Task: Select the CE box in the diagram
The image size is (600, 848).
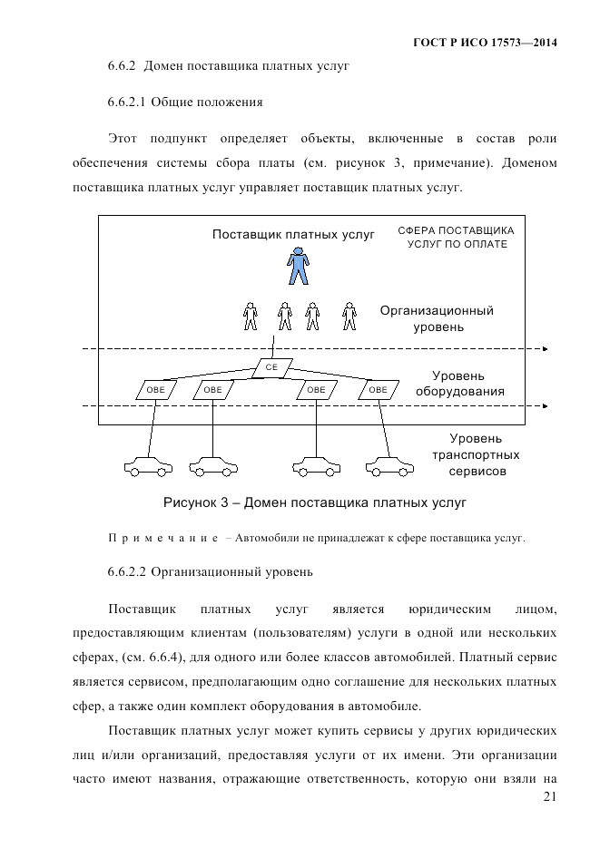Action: [x=271, y=367]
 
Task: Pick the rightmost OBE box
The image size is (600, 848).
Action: [x=378, y=390]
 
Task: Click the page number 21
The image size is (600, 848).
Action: [x=547, y=796]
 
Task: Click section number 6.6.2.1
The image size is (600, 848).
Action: [x=126, y=101]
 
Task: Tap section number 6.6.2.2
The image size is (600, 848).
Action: [x=126, y=572]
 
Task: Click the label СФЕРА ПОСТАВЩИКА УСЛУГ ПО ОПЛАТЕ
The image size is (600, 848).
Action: [x=457, y=238]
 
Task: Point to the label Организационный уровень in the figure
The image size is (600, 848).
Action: [x=437, y=318]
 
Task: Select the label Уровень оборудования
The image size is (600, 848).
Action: [x=458, y=384]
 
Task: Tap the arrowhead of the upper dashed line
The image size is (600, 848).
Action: [x=545, y=348]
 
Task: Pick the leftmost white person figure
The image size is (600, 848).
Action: [x=251, y=316]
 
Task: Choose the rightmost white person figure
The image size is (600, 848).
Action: [x=349, y=316]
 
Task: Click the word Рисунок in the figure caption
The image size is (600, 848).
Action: [x=190, y=501]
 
